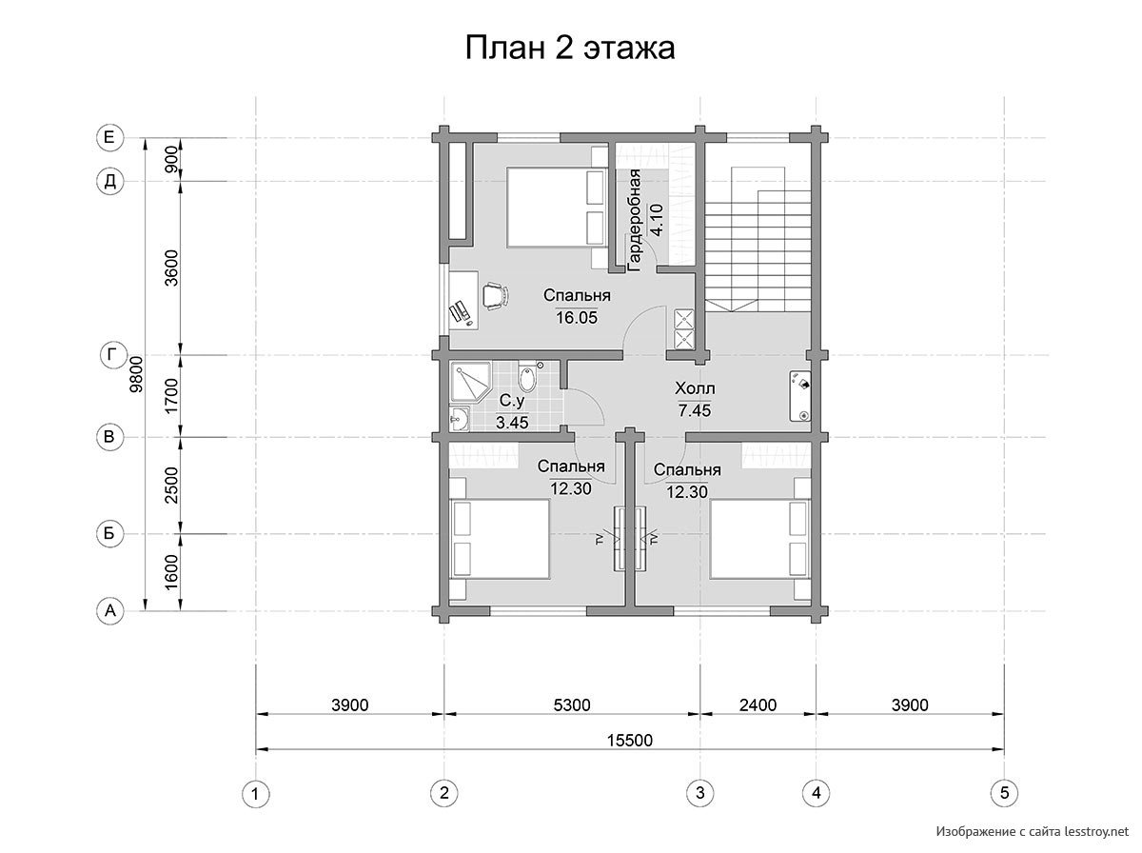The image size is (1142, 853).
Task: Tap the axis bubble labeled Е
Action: click(x=109, y=137)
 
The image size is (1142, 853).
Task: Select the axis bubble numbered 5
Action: click(x=1004, y=793)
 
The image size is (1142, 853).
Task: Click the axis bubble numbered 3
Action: click(x=699, y=793)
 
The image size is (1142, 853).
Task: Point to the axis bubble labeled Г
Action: click(x=110, y=355)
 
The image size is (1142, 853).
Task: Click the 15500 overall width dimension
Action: click(x=630, y=740)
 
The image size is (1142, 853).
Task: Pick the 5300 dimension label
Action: click(x=572, y=705)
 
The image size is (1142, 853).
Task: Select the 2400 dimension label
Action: click(x=758, y=705)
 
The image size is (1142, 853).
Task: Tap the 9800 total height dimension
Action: click(x=136, y=374)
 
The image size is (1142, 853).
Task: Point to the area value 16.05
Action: click(x=577, y=317)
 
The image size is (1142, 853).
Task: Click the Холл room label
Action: click(x=695, y=388)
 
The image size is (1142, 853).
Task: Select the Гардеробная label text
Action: click(x=634, y=221)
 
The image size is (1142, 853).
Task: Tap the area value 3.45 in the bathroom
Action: click(x=512, y=423)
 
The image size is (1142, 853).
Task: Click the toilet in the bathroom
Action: click(x=528, y=377)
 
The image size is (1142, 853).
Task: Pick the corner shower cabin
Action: click(x=468, y=383)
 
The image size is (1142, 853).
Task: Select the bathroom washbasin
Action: click(x=460, y=420)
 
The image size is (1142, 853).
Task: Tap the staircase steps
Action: click(x=758, y=239)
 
